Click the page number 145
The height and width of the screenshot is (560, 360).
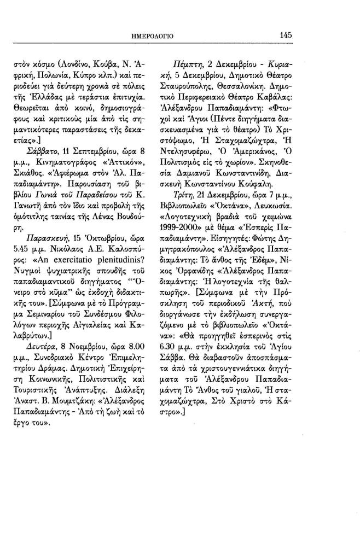pos(286,34)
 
